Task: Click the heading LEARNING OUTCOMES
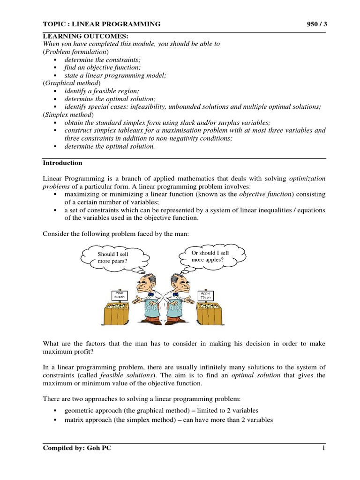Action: pyautogui.click(x=79, y=36)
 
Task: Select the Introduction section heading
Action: pyautogui.click(x=63, y=163)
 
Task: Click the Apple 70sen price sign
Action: pyautogui.click(x=205, y=295)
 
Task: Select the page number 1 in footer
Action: pyautogui.click(x=323, y=448)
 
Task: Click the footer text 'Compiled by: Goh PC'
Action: pyautogui.click(x=77, y=448)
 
